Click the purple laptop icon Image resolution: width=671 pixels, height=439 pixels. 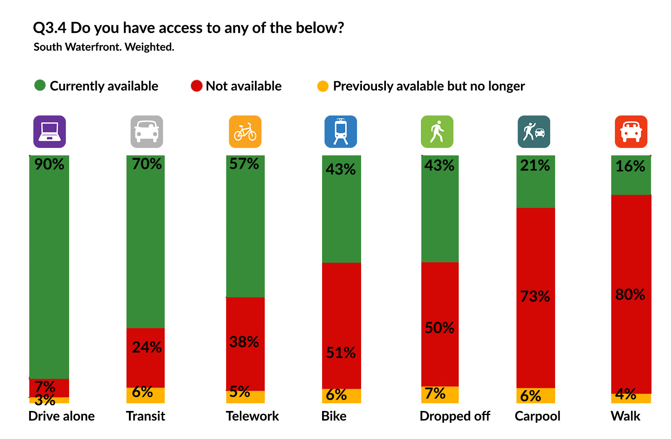[50, 132]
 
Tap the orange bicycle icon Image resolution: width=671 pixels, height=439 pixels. [245, 132]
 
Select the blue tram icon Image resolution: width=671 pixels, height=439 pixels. [341, 132]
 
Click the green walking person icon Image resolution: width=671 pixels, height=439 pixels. [437, 132]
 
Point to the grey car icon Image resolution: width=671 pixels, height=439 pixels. [147, 132]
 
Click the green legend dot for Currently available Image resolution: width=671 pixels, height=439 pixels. [40, 85]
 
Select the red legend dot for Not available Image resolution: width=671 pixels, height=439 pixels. [196, 86]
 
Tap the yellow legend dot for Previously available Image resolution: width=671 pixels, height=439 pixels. [323, 86]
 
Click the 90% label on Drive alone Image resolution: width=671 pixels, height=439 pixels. [49, 164]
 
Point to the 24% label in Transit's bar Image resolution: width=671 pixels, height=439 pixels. [146, 347]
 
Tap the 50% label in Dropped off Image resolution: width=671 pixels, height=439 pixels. [439, 328]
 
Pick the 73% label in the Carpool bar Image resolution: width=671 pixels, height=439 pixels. [535, 296]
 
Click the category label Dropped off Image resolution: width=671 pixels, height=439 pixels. [455, 416]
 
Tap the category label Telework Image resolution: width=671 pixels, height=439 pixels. [252, 416]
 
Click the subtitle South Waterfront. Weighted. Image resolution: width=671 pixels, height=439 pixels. [104, 47]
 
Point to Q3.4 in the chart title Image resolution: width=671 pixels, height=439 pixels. [49, 28]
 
